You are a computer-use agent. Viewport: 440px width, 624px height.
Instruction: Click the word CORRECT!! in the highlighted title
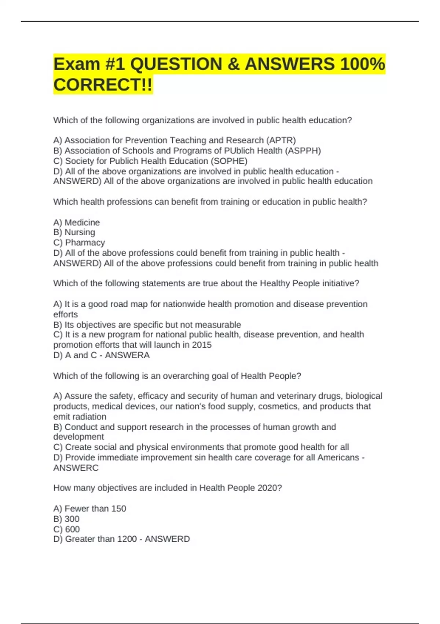pyautogui.click(x=102, y=85)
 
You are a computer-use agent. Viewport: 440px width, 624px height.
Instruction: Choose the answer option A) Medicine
pyautogui.click(x=76, y=222)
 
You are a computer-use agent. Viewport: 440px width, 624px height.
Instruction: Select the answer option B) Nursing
pyautogui.click(x=74, y=232)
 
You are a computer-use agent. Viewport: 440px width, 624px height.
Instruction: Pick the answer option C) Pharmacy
pyautogui.click(x=79, y=243)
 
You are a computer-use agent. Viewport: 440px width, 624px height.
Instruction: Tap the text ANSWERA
pyautogui.click(x=127, y=355)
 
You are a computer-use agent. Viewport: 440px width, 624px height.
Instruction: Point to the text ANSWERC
pyautogui.click(x=76, y=468)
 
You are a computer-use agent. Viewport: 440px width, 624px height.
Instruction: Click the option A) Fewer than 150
pyautogui.click(x=89, y=508)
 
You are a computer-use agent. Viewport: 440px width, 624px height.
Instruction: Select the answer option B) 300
pyautogui.click(x=66, y=519)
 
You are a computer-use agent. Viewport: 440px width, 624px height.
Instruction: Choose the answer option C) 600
pyautogui.click(x=66, y=529)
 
